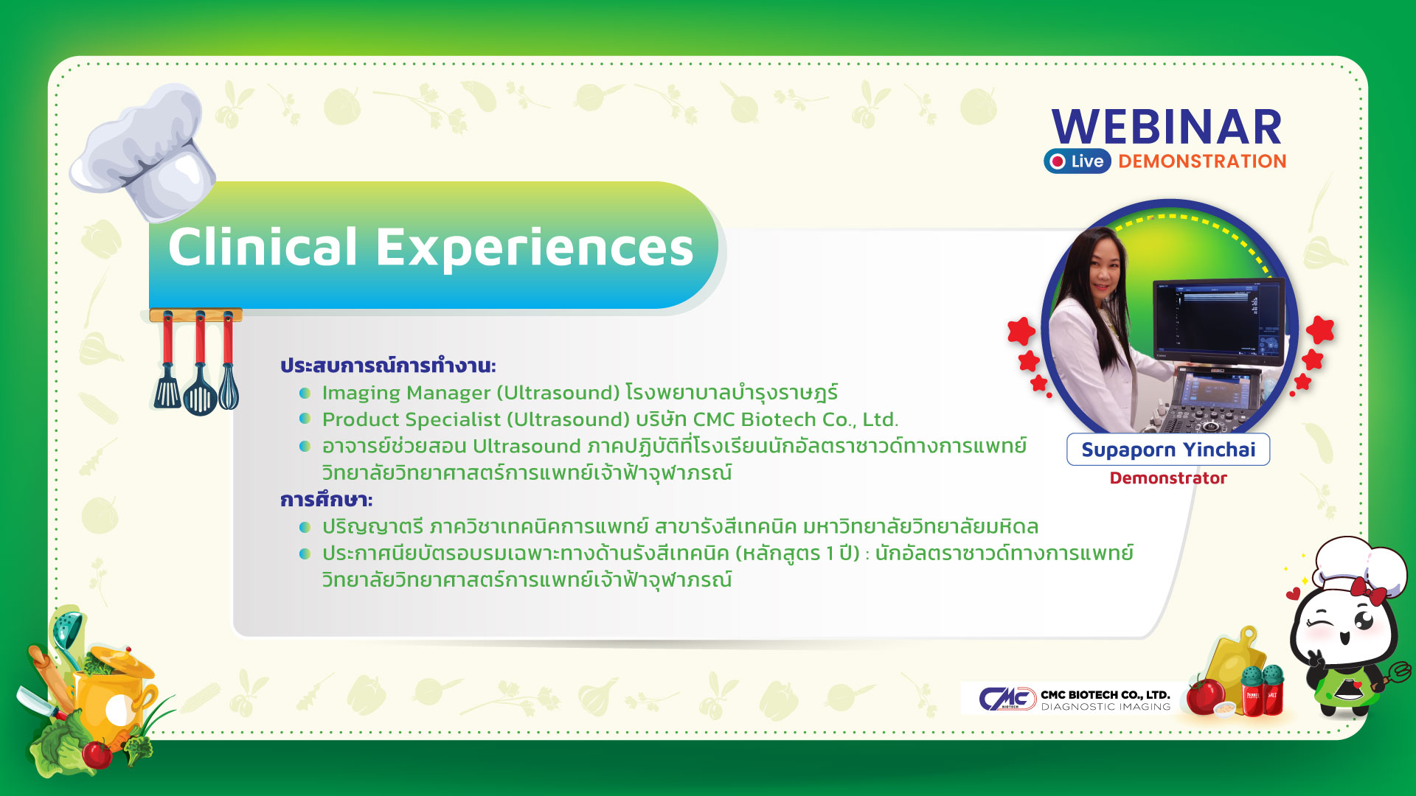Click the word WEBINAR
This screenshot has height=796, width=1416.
coord(1167,127)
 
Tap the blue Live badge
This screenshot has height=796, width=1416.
coord(1077,161)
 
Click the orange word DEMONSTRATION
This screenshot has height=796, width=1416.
coord(1202,161)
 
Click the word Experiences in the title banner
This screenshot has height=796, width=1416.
coord(535,248)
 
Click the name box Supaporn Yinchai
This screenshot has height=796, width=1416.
coord(1168,450)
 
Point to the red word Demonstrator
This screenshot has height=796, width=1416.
coord(1168,478)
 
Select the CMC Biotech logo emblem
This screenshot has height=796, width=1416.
coord(1007,697)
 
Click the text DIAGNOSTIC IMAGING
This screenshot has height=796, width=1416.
coord(1106,707)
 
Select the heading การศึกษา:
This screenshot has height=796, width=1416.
coord(326,500)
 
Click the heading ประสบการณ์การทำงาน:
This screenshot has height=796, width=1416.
coord(388,365)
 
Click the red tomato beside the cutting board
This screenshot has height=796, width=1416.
coord(1206,696)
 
